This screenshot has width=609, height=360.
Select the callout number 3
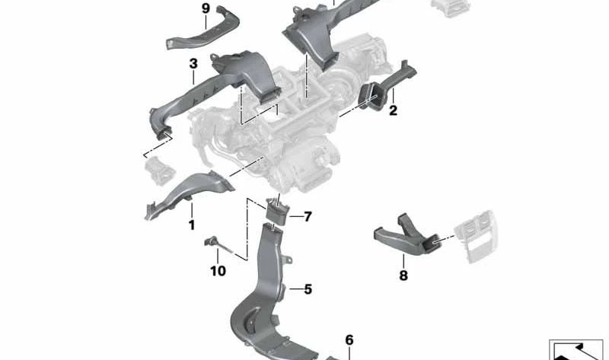193,63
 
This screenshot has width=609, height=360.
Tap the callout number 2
394,111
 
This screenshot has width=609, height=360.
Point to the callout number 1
192,225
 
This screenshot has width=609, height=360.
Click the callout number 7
307,217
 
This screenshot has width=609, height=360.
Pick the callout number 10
218,270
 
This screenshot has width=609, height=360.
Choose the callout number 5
308,289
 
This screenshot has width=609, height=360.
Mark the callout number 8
403,275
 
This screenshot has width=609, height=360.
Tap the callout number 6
349,340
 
